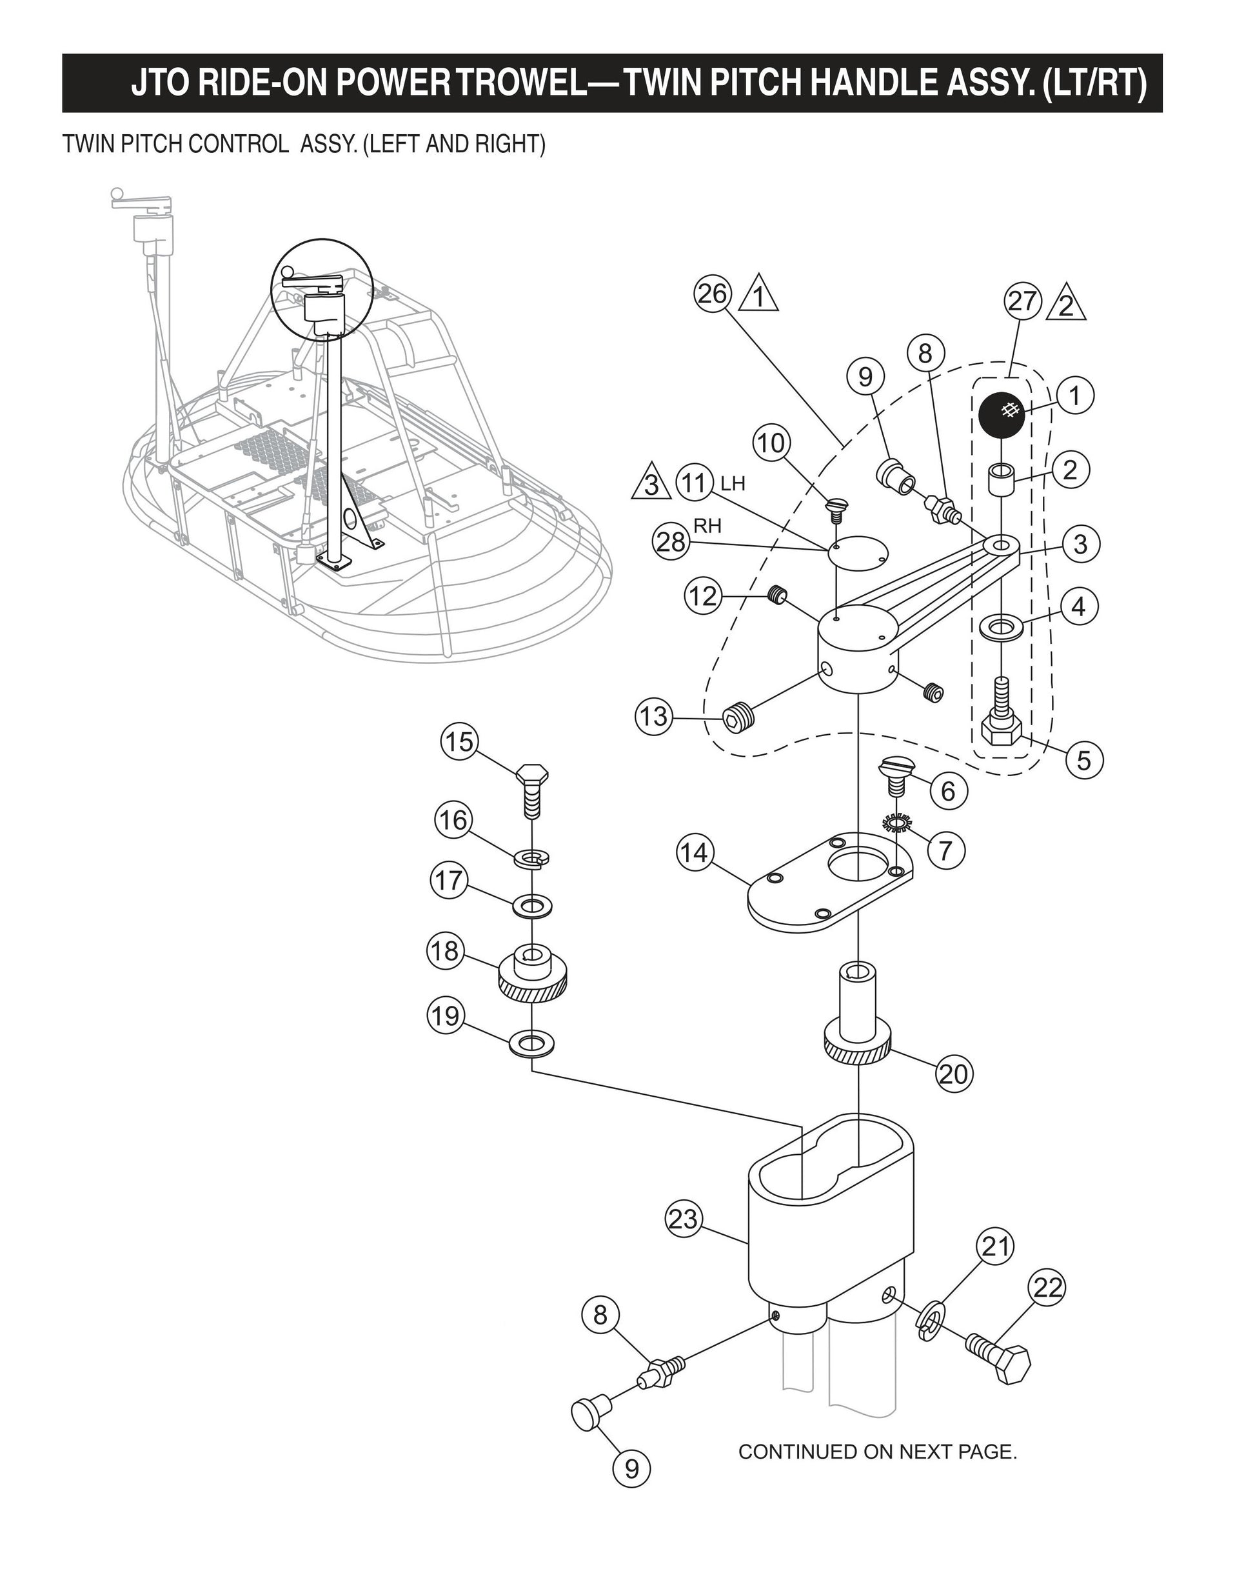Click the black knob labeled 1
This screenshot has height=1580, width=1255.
click(x=1002, y=415)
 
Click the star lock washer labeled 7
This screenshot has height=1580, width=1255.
click(x=895, y=824)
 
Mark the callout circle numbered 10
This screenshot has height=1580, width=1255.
click(x=771, y=443)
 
